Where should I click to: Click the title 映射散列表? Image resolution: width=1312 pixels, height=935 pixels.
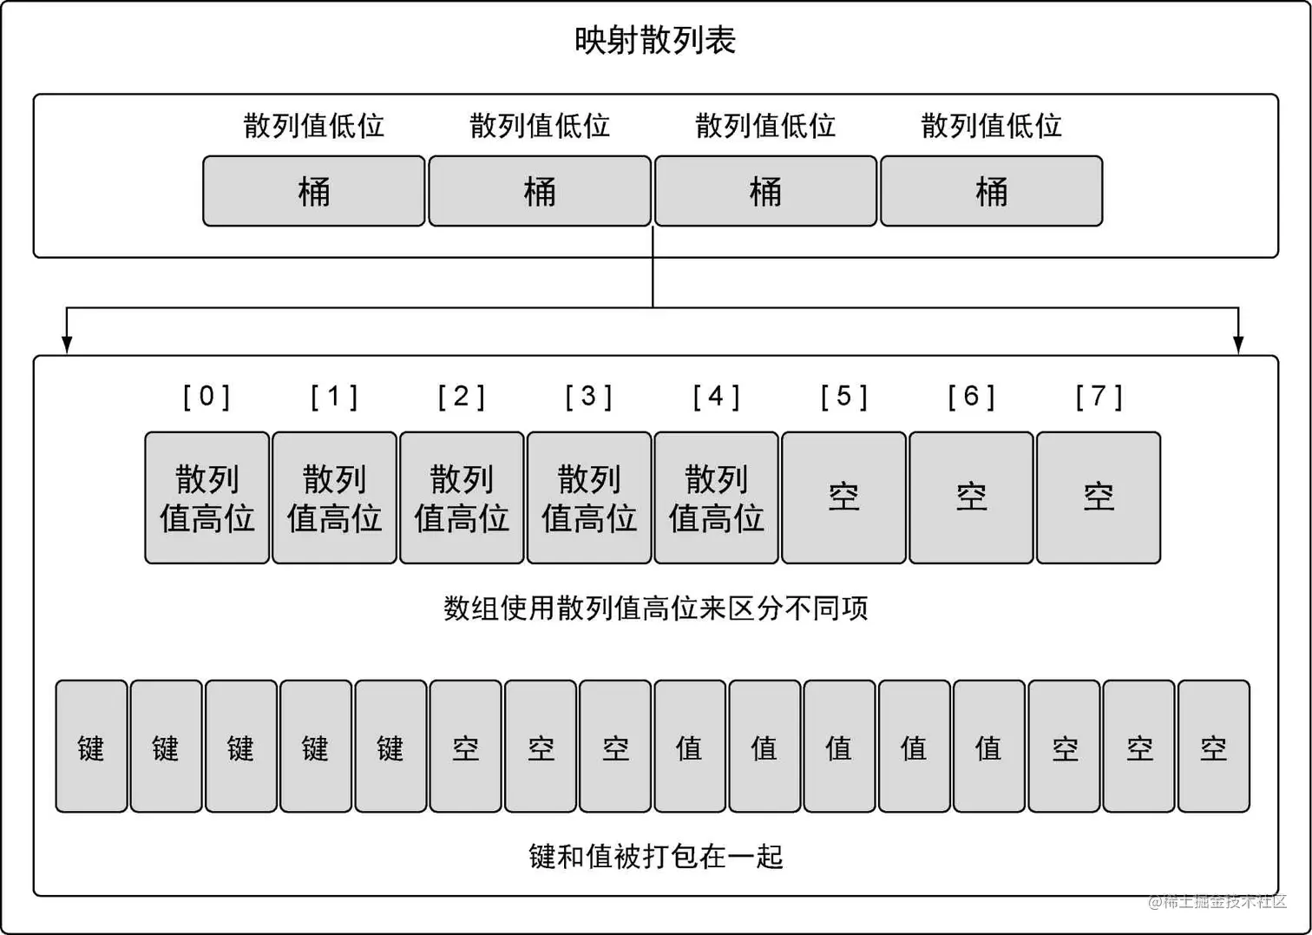pos(655,41)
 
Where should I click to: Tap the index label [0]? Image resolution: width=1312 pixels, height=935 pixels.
pos(207,397)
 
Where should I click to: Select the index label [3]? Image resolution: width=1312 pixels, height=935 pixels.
pos(588,397)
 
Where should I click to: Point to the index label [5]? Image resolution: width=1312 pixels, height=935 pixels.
pos(843,397)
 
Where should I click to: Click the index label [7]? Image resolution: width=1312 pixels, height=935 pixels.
pos(1099,397)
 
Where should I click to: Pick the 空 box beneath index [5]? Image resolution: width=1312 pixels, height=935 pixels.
pos(843,497)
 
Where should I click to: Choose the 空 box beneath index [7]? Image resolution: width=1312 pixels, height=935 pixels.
pos(1099,497)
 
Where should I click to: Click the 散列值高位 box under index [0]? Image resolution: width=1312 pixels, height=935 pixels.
pos(207,497)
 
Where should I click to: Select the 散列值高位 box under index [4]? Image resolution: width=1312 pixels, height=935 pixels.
pos(716,497)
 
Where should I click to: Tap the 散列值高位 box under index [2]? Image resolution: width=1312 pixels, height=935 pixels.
pos(462,497)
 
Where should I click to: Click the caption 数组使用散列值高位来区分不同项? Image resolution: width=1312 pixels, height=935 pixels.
pos(655,608)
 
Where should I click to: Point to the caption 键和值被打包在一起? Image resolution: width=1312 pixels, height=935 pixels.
pos(655,857)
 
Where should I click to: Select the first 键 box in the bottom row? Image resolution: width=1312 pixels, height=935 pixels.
pos(91,747)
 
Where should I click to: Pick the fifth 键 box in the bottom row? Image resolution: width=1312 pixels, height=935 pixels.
pos(390,747)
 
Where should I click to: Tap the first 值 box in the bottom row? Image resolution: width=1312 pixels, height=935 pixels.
pos(689,747)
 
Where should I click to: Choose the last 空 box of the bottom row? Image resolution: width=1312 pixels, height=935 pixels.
pos(1213,747)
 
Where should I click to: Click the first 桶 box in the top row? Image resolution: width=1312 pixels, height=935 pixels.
pos(313,191)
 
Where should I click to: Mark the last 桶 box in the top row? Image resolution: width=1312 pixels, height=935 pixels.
pos(991,191)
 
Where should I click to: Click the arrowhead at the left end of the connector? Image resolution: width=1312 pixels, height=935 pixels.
pos(67,345)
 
